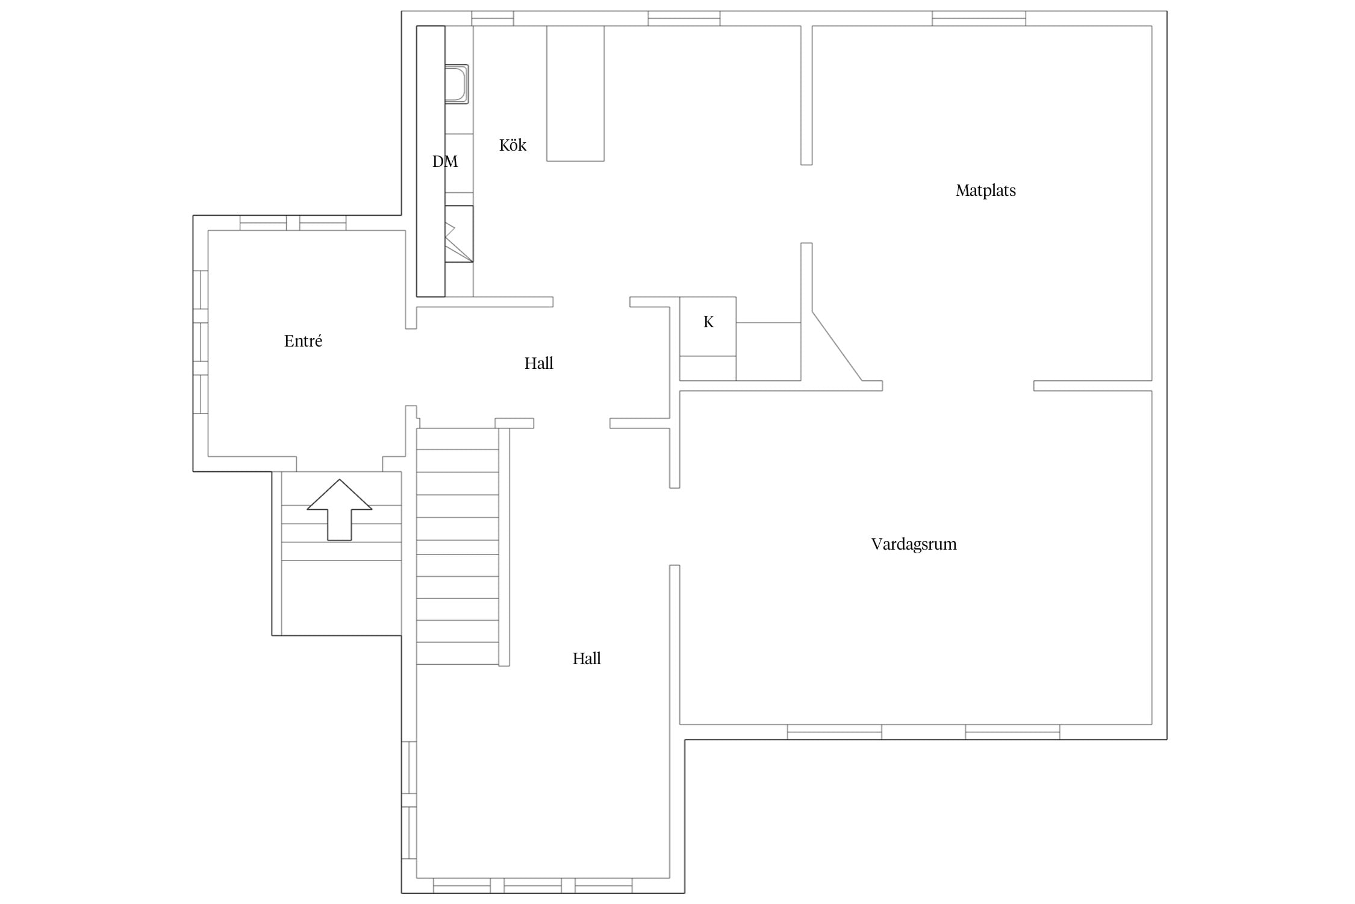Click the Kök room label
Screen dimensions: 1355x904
coord(512,145)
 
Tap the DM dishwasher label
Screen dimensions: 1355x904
coord(445,162)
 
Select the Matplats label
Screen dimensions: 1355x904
coord(985,190)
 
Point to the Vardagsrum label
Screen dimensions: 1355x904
coord(914,544)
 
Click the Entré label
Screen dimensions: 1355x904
coord(303,341)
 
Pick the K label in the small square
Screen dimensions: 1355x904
coord(708,322)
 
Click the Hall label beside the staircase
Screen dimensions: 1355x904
coord(587,659)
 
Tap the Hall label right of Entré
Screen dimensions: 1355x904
coord(538,363)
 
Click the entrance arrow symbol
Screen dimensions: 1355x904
coord(340,510)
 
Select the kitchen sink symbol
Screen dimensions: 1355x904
coord(456,84)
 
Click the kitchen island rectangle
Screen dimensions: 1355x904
coord(575,93)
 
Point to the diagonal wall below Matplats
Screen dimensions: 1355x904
coord(837,346)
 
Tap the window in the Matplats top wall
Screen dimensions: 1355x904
coord(979,19)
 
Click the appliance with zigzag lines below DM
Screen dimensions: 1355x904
coord(459,234)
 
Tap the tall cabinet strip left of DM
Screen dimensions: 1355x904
coord(431,162)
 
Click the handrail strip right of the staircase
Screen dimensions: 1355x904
coord(504,547)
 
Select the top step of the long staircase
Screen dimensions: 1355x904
coord(458,439)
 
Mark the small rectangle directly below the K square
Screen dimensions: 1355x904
coord(708,368)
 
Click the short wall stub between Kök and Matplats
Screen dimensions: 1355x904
coord(806,95)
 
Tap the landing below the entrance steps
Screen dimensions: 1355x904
coord(341,598)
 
